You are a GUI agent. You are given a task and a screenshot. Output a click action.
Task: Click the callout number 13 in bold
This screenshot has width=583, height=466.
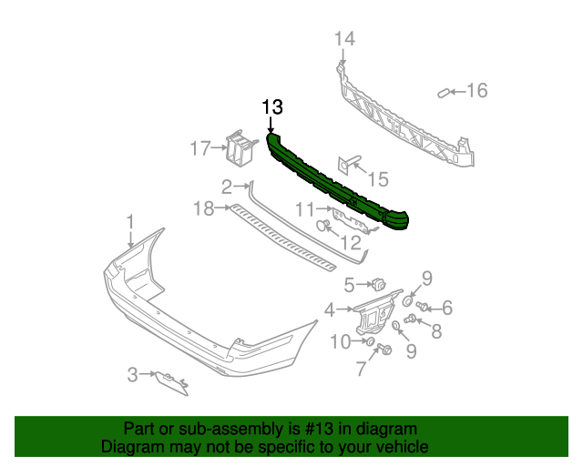point(273,106)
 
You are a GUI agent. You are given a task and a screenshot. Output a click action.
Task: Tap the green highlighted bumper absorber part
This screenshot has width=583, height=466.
point(337,181)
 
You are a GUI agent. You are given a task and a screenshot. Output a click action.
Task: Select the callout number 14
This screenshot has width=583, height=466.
point(343,39)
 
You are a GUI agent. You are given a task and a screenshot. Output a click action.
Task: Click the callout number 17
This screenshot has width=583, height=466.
point(199,147)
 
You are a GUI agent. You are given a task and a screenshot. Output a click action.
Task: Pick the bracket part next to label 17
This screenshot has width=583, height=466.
point(239,147)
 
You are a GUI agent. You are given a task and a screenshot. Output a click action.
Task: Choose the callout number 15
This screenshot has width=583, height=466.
point(377,179)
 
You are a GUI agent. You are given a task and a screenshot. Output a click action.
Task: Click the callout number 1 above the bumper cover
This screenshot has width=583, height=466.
point(130,221)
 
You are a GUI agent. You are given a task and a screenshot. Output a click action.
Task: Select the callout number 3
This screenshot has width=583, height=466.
point(132,373)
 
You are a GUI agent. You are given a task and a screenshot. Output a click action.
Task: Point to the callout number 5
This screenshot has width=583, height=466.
point(348,285)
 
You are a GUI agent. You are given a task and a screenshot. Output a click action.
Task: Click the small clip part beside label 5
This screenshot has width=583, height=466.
point(379,285)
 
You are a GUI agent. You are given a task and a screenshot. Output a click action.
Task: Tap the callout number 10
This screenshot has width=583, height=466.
point(340,341)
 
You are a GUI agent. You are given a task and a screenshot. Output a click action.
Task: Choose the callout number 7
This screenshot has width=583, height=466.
point(362,369)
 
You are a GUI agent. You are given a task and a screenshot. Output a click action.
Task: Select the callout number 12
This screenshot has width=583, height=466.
point(351,243)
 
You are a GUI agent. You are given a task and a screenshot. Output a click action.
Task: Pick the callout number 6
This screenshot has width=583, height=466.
point(447,308)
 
